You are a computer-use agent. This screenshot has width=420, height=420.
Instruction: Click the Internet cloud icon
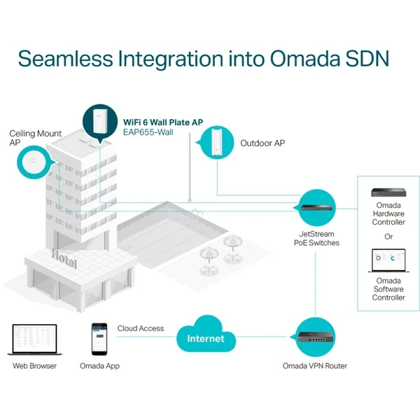click(x=206, y=338)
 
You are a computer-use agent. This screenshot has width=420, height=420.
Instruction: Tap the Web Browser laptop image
click(x=34, y=338)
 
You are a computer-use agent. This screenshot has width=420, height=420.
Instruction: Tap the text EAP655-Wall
click(x=149, y=131)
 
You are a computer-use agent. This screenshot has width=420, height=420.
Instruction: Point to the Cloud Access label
click(x=141, y=328)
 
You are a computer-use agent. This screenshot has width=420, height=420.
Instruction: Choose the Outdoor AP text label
click(x=262, y=143)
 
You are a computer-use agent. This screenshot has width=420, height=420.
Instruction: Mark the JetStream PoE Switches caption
click(x=316, y=237)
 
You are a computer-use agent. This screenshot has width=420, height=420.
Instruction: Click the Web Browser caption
click(x=34, y=365)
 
